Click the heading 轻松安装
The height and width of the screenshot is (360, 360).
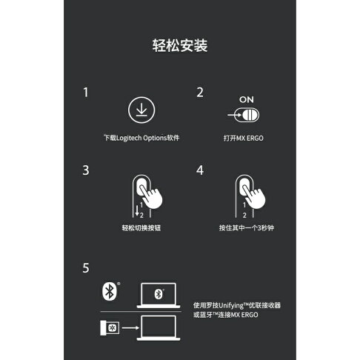tap(179, 46)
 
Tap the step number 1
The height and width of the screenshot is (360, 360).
tap(86, 93)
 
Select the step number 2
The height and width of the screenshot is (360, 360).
tap(199, 93)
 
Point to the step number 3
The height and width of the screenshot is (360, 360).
tap(86, 170)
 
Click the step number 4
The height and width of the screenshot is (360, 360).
tap(199, 170)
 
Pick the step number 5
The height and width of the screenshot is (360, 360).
tap(86, 267)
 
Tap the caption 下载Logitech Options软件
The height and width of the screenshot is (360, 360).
tap(141, 138)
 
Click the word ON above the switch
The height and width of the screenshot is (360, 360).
tap(247, 99)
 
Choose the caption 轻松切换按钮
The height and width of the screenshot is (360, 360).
tap(141, 227)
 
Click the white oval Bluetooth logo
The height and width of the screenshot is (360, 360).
tap(108, 293)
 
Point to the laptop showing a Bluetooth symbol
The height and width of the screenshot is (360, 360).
tap(158, 296)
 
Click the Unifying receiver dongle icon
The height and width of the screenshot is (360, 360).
tap(111, 327)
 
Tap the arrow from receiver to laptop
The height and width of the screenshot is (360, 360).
tap(133, 327)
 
